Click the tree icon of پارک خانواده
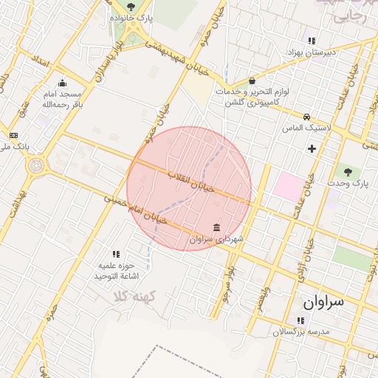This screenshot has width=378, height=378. click(131, 7)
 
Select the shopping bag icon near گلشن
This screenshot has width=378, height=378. click(252, 80)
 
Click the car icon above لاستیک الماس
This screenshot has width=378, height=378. click(306, 117)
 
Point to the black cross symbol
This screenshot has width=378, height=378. click(312, 148)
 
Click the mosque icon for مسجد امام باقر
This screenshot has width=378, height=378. click(62, 83)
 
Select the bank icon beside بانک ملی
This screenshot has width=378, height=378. click(13, 135)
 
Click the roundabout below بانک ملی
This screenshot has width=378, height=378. click(34, 165)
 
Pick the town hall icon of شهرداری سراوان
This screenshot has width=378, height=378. click(216, 227)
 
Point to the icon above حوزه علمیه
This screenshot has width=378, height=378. click(115, 253)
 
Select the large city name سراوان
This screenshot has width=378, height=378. click(329, 302)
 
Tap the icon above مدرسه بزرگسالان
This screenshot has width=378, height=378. click(300, 320)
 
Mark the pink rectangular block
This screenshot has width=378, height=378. click(289, 187)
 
